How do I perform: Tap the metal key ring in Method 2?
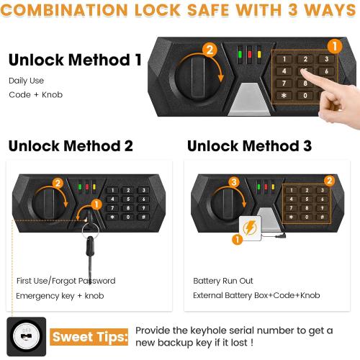click(x=89, y=230)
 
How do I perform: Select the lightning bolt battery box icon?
click(x=251, y=228)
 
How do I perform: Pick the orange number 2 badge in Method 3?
click(x=329, y=180)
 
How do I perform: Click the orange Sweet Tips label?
click(x=89, y=336)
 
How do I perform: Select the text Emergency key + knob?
click(x=58, y=296)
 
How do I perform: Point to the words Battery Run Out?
click(x=222, y=280)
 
